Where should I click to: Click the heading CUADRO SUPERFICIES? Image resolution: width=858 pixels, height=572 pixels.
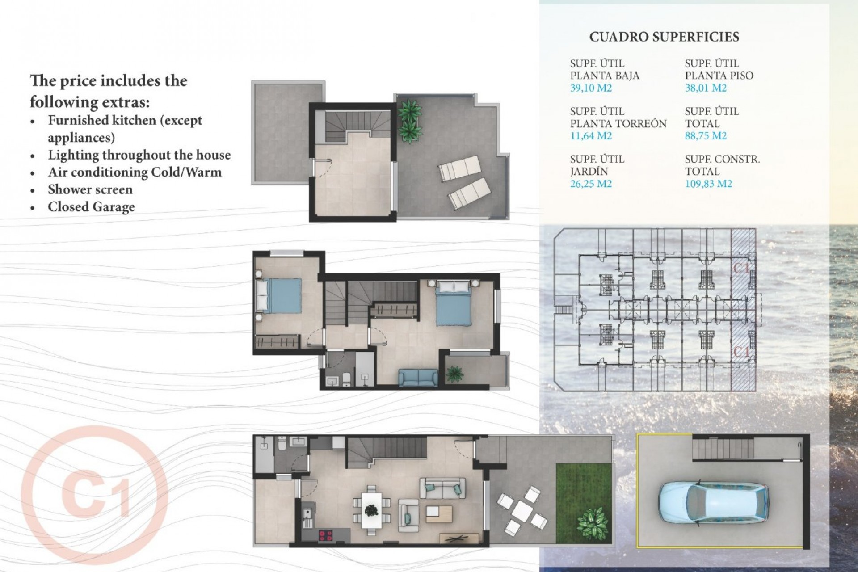(x=664, y=37)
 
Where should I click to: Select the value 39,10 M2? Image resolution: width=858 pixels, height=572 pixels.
(x=591, y=88)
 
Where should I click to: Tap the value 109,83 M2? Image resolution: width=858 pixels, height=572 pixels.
(x=708, y=184)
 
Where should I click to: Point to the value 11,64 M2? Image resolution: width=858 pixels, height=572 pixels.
(x=591, y=136)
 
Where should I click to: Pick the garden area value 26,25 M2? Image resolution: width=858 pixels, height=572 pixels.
(x=591, y=184)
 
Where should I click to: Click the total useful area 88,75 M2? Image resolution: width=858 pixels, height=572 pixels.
(x=706, y=136)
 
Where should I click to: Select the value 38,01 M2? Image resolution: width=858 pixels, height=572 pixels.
(x=706, y=88)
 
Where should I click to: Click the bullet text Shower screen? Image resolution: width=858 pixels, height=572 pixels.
(x=90, y=189)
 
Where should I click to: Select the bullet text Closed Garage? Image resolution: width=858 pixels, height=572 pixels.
(x=91, y=207)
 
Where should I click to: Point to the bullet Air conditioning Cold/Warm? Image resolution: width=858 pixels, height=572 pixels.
(x=135, y=172)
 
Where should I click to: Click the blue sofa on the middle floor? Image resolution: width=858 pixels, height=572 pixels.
(x=418, y=378)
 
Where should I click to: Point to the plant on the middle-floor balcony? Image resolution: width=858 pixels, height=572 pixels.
(x=454, y=373)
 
